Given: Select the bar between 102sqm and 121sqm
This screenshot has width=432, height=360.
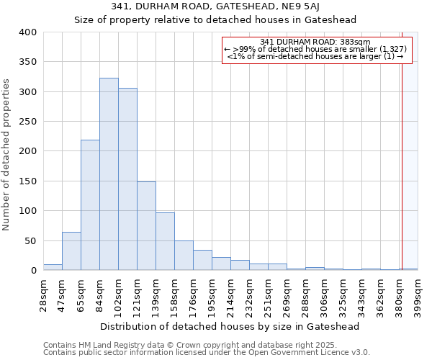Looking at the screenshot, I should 127,179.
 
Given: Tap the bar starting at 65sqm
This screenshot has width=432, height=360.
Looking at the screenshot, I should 90,205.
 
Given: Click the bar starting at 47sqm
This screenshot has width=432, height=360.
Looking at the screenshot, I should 71,251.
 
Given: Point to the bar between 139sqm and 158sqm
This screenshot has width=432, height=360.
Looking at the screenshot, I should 165,242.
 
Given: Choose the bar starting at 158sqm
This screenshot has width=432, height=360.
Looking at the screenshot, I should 184,256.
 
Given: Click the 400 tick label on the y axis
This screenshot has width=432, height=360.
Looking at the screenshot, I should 28,32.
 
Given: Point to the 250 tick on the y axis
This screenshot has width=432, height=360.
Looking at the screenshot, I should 28,122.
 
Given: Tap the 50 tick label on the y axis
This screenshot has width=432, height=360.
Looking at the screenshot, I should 31,240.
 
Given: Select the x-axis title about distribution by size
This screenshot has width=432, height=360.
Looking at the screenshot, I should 230,326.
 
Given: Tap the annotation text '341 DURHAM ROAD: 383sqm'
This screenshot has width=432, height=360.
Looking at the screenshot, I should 315,42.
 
